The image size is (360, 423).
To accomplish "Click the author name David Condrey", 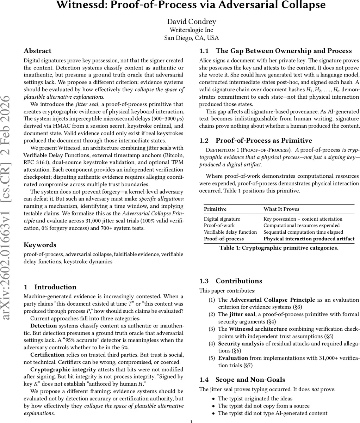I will tap(191, 22).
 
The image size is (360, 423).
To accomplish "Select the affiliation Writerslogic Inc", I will tap(191, 30).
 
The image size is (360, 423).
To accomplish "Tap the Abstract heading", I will tap(37, 51).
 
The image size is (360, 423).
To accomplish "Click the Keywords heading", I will tap(40, 245).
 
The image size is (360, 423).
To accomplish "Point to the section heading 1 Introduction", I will tap(50, 287).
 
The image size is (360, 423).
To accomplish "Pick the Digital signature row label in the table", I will tap(222, 219).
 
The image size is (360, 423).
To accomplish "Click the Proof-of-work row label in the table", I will tap(219, 225).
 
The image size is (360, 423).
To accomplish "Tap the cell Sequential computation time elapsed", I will tap(303, 232).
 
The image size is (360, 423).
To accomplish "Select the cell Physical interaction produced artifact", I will tap(309, 239).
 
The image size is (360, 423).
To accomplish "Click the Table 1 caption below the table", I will tap(279, 248).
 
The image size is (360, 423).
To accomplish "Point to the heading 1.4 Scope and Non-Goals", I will tap(242, 379).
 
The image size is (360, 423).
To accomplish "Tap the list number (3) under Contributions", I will tap(212, 329).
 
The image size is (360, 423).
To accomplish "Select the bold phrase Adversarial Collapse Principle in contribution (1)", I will tap(272, 300).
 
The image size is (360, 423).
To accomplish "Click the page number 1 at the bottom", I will tap(191, 421).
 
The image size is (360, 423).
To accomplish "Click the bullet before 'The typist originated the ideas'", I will tap(213, 398).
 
